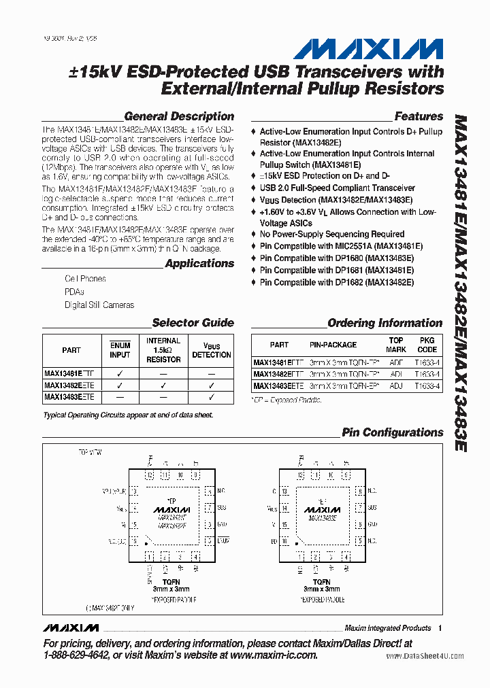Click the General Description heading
[x=179, y=116]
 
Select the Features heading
[x=418, y=116]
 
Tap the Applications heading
[x=199, y=263]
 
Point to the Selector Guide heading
[x=193, y=323]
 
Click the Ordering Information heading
[x=385, y=323]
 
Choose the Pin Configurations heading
[x=392, y=432]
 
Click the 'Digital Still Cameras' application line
[x=99, y=305]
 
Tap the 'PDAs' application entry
[x=74, y=292]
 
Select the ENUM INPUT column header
[x=120, y=350]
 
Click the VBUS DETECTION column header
[x=211, y=350]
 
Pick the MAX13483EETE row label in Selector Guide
[x=69, y=397]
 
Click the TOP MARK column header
[x=396, y=345]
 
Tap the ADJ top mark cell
[x=396, y=386]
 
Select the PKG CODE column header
[x=427, y=345]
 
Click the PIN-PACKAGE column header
[x=333, y=345]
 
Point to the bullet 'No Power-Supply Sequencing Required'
[x=332, y=234]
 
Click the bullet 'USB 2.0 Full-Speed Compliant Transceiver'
[x=337, y=188]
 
